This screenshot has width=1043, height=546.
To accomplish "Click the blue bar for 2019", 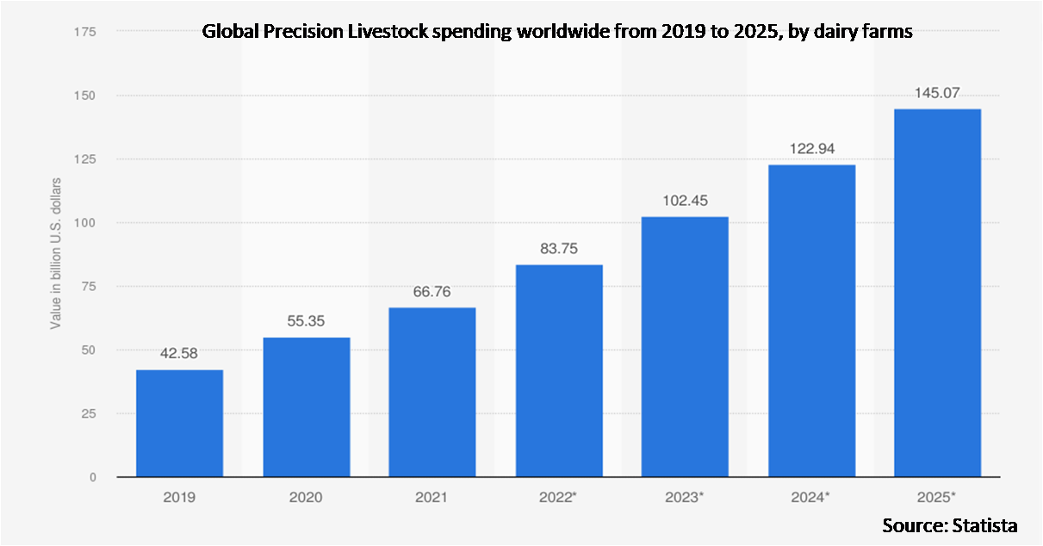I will click(179, 423).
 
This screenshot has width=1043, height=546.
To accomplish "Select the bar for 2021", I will click(431, 392).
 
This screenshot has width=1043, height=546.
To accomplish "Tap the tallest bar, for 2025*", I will click(937, 293).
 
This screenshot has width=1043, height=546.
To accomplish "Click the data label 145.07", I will click(937, 92).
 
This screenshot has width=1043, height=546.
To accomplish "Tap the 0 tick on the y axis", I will click(91, 477).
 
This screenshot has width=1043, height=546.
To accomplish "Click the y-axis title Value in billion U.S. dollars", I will click(56, 253).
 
